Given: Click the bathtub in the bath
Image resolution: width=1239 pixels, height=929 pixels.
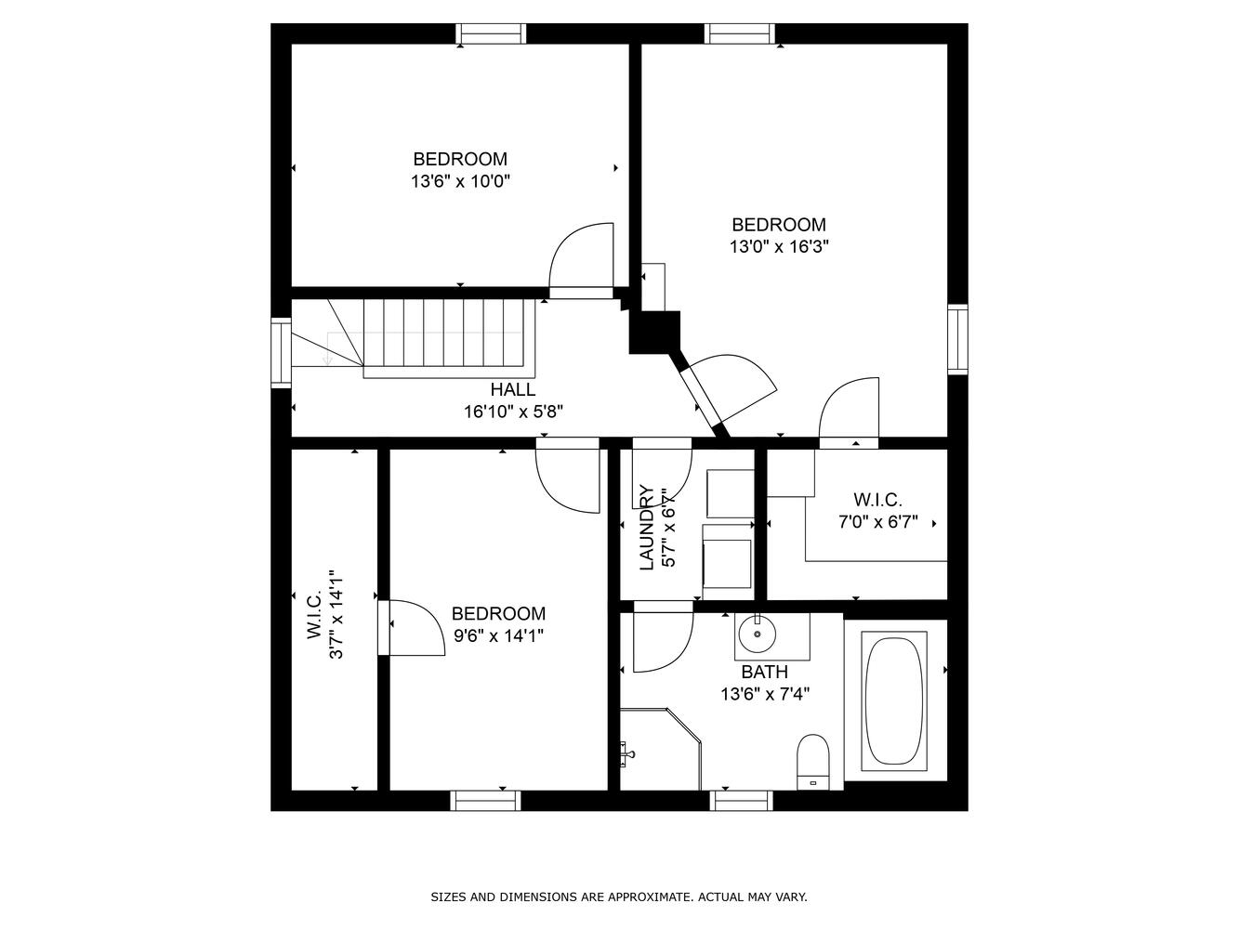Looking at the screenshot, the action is point(893,701).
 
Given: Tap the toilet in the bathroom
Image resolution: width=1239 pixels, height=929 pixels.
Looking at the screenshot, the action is point(812,762).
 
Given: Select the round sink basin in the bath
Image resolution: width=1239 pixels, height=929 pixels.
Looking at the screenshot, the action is point(757,635).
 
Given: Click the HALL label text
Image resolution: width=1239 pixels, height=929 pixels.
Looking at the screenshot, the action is point(512,390).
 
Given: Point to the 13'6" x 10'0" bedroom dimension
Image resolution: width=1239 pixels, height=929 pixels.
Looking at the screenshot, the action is point(461,182).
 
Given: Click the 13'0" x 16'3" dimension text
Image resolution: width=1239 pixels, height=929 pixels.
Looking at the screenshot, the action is point(779,247).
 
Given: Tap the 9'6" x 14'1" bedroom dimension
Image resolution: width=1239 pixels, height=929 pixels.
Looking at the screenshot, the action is point(499,636).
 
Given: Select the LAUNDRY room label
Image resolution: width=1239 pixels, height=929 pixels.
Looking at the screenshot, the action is point(646,528).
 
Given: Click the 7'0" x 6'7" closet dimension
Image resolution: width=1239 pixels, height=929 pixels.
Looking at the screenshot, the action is point(878,522).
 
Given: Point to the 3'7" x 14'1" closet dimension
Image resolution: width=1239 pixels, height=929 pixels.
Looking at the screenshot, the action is point(336,614).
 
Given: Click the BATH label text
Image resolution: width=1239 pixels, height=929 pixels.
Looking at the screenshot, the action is point(764,672).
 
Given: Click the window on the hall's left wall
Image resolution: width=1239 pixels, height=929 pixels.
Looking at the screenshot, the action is point(281,352).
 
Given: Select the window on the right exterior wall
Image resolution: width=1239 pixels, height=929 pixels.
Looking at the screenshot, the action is point(958,339).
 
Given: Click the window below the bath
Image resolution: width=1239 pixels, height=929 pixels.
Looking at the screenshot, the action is point(741,801).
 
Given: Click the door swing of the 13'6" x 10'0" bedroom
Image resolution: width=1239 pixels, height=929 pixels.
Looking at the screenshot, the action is point(582,255).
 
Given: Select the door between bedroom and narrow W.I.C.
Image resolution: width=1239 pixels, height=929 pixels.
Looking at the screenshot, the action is point(412,628).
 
